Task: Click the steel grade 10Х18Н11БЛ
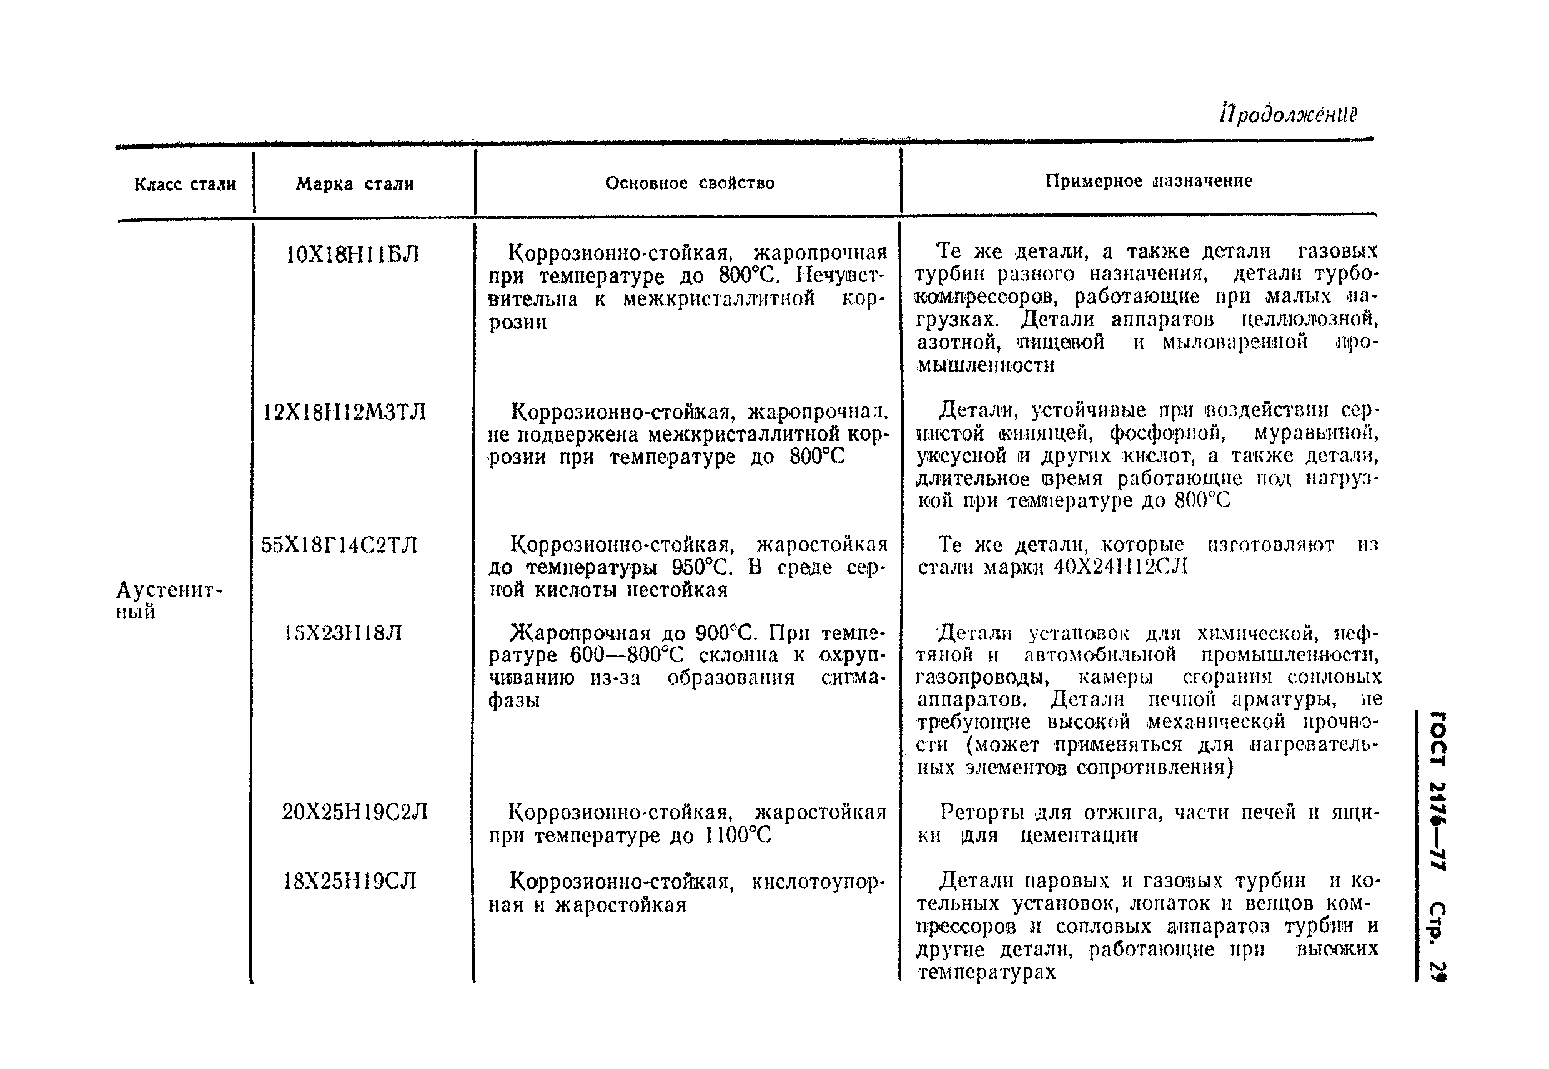coord(352,255)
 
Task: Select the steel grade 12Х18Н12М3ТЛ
coord(345,412)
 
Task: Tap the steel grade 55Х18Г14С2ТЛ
coord(339,545)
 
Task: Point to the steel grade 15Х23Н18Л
coord(342,633)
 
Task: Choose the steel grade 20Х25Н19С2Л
coord(355,813)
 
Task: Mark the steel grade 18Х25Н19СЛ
coord(350,881)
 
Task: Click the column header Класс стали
coord(185,184)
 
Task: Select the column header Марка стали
coord(355,184)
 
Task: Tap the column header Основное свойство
coord(690,183)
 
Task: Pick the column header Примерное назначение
coord(1149,181)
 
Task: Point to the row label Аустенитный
coord(167,600)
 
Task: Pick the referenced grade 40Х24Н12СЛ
coord(1120,567)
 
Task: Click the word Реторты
coord(982,813)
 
